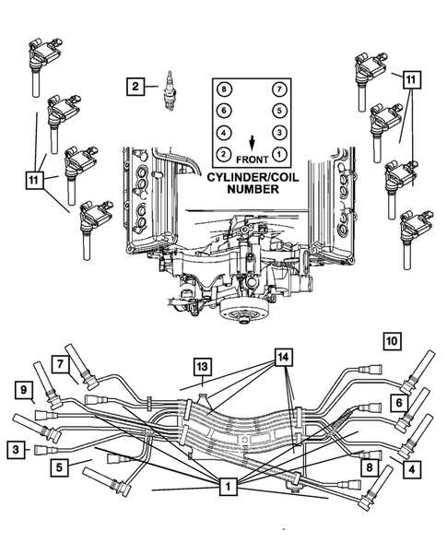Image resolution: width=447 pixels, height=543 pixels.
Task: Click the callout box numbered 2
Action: tap(135, 88)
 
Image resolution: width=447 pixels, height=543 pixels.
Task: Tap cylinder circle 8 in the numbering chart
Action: tap(223, 89)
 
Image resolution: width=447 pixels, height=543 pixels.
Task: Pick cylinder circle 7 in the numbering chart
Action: tap(278, 89)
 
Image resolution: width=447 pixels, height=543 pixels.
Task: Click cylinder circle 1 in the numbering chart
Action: tap(278, 153)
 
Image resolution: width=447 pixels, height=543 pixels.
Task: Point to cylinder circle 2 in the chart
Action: tap(223, 153)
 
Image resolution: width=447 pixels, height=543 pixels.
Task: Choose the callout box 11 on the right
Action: tap(410, 80)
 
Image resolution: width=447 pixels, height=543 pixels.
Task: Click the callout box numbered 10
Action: tap(392, 341)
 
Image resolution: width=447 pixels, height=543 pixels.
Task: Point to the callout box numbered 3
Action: tap(17, 449)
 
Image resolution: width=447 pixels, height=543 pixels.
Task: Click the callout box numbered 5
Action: tap(58, 466)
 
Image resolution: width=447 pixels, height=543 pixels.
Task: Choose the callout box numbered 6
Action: tap(398, 403)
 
